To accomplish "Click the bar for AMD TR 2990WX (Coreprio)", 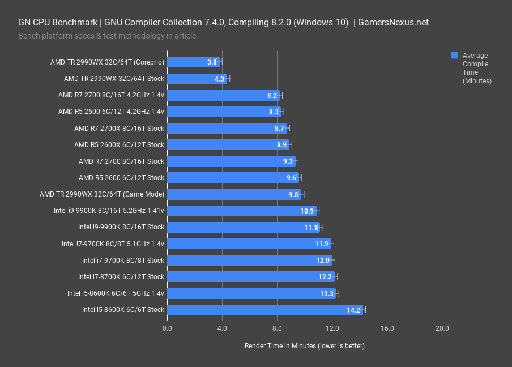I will [x=193, y=62].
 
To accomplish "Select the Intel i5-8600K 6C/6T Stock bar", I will [x=264, y=310].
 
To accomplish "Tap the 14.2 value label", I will [x=353, y=310].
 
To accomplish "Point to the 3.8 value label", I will [x=212, y=62].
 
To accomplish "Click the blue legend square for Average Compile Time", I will [x=454, y=56].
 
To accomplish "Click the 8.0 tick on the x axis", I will [x=277, y=328].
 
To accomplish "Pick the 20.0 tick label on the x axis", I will [x=442, y=328].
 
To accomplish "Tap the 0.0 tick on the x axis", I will [x=167, y=328].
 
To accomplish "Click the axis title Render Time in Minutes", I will [x=304, y=345].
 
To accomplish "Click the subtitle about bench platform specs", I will [x=108, y=36].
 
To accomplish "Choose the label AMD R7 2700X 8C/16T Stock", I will [x=119, y=129].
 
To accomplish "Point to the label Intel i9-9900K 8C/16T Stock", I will [x=121, y=227].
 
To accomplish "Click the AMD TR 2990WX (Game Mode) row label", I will [x=102, y=194].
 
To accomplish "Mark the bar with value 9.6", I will [x=233, y=178].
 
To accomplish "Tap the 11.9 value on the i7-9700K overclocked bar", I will [x=322, y=244].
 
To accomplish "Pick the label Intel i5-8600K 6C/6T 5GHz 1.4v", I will [x=116, y=293].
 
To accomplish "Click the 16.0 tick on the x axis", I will [x=387, y=328].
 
